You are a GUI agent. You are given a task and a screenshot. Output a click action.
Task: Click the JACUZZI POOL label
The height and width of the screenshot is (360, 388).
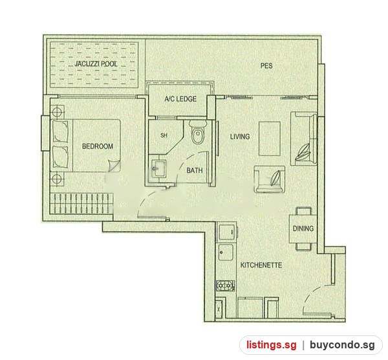pos(96,64)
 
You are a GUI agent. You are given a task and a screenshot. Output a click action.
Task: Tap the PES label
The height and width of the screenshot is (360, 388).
pos(266,65)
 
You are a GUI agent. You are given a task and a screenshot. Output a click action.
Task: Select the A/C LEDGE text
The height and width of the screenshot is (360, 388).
pos(180,99)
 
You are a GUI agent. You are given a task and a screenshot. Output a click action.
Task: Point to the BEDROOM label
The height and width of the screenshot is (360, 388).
pos(98,146)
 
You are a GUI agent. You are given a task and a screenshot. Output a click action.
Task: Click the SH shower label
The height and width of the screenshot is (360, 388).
pos(164,135)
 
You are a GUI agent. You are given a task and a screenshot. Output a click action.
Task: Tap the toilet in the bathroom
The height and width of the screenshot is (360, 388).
pos(197,133)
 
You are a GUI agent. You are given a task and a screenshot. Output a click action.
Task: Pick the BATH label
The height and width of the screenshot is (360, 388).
pos(195,170)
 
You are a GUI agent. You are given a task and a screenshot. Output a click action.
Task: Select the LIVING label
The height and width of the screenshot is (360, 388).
pos(240,137)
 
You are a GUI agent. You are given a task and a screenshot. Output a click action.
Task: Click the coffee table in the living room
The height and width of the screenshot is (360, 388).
pos(270,139)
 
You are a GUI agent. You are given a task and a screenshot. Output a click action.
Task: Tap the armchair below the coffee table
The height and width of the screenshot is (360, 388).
pos(269,179)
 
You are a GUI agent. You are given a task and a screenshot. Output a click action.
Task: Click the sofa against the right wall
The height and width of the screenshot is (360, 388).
pos(304,139)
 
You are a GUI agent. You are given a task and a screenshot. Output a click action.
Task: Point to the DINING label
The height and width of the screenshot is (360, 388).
pos(303,229)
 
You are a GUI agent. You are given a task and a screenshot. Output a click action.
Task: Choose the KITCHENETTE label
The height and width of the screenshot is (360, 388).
pos(261,265)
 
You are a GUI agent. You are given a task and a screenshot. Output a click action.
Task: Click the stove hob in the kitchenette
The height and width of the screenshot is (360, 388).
pos(225,286)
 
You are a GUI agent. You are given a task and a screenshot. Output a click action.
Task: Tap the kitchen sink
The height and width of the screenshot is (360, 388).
pos(226,252)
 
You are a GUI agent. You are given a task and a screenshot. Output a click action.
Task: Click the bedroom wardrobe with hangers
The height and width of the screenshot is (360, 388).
pos(81,204)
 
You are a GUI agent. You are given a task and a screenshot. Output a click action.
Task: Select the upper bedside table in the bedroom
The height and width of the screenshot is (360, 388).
pos(57,112)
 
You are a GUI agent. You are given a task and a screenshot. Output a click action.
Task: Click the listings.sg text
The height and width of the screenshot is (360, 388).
pos(271,345)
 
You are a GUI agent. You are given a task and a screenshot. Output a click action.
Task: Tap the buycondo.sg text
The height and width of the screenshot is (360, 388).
pos(342,345)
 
